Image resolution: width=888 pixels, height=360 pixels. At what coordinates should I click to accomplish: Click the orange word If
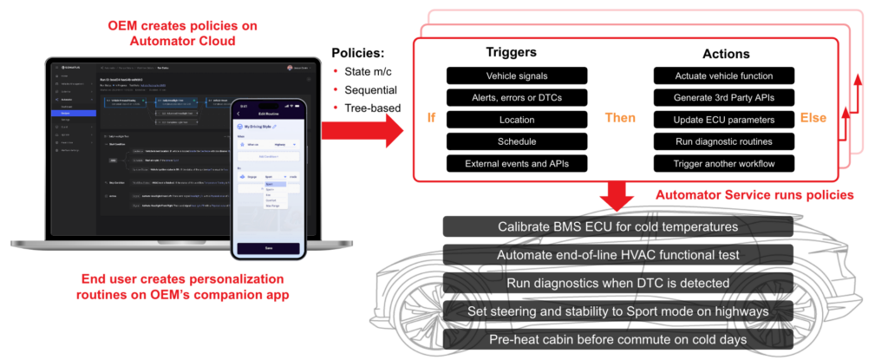tap(431, 118)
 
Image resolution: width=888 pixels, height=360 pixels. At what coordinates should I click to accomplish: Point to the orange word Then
tap(617, 118)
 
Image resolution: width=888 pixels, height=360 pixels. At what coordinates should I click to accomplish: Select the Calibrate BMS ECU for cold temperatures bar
tap(618, 227)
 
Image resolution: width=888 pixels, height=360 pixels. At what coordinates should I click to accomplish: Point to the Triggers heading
tap(513, 51)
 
